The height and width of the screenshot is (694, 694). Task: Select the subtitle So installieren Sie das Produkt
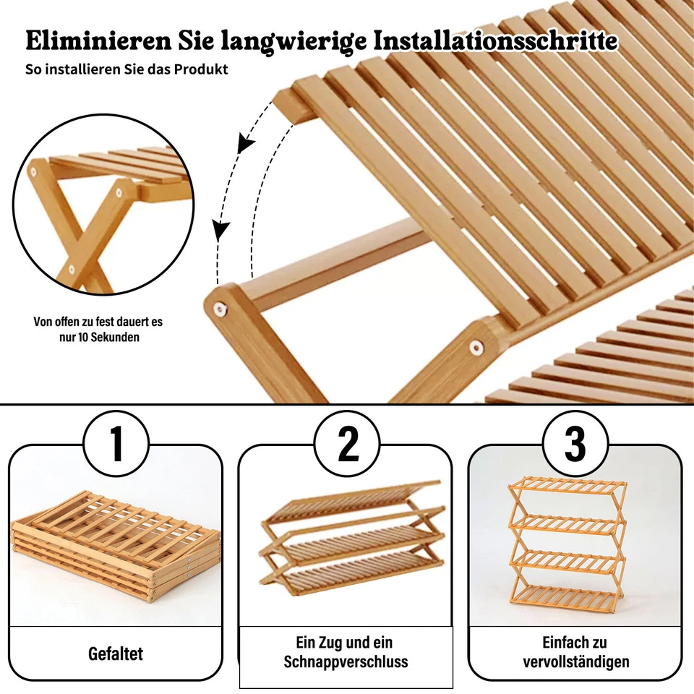[127, 69]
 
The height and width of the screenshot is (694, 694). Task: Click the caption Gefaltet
[116, 654]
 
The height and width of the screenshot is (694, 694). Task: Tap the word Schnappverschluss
[346, 661]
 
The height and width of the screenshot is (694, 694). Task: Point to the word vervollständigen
[575, 661]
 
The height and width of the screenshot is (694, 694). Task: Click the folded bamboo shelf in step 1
[116, 542]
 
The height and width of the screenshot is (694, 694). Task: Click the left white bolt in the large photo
[217, 309]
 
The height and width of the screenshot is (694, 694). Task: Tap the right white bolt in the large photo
[475, 348]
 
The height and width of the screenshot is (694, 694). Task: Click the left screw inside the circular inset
[33, 172]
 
